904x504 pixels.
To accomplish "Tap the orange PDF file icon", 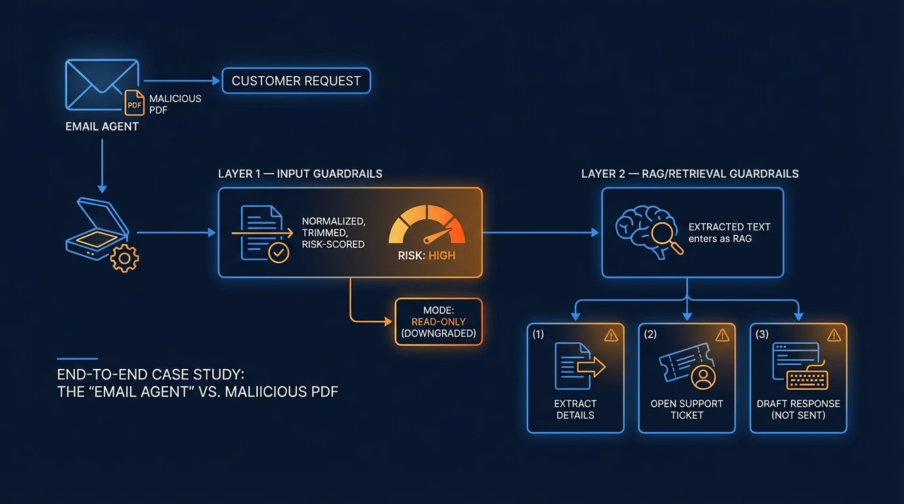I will [x=135, y=104].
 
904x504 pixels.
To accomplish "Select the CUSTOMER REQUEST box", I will [x=296, y=81].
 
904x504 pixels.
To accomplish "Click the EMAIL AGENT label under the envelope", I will [x=102, y=127].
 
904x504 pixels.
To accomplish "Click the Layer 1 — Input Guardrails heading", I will [x=300, y=174].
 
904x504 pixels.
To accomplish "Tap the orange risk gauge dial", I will [x=426, y=226].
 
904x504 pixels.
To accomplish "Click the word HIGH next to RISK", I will [x=441, y=256].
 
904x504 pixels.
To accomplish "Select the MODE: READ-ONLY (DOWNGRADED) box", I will [x=438, y=322].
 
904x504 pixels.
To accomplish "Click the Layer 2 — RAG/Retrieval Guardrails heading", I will [x=690, y=174].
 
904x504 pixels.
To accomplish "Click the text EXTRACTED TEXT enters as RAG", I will [x=729, y=233].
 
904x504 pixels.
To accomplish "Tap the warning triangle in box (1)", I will [x=611, y=335].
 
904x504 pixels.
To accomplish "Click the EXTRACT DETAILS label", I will [x=575, y=409].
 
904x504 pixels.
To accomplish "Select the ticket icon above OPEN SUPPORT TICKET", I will [x=687, y=366].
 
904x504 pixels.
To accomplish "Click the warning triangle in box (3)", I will [x=834, y=335].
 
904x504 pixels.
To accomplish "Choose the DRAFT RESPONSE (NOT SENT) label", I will [x=798, y=409].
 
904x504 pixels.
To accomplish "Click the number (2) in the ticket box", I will [x=650, y=335].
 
